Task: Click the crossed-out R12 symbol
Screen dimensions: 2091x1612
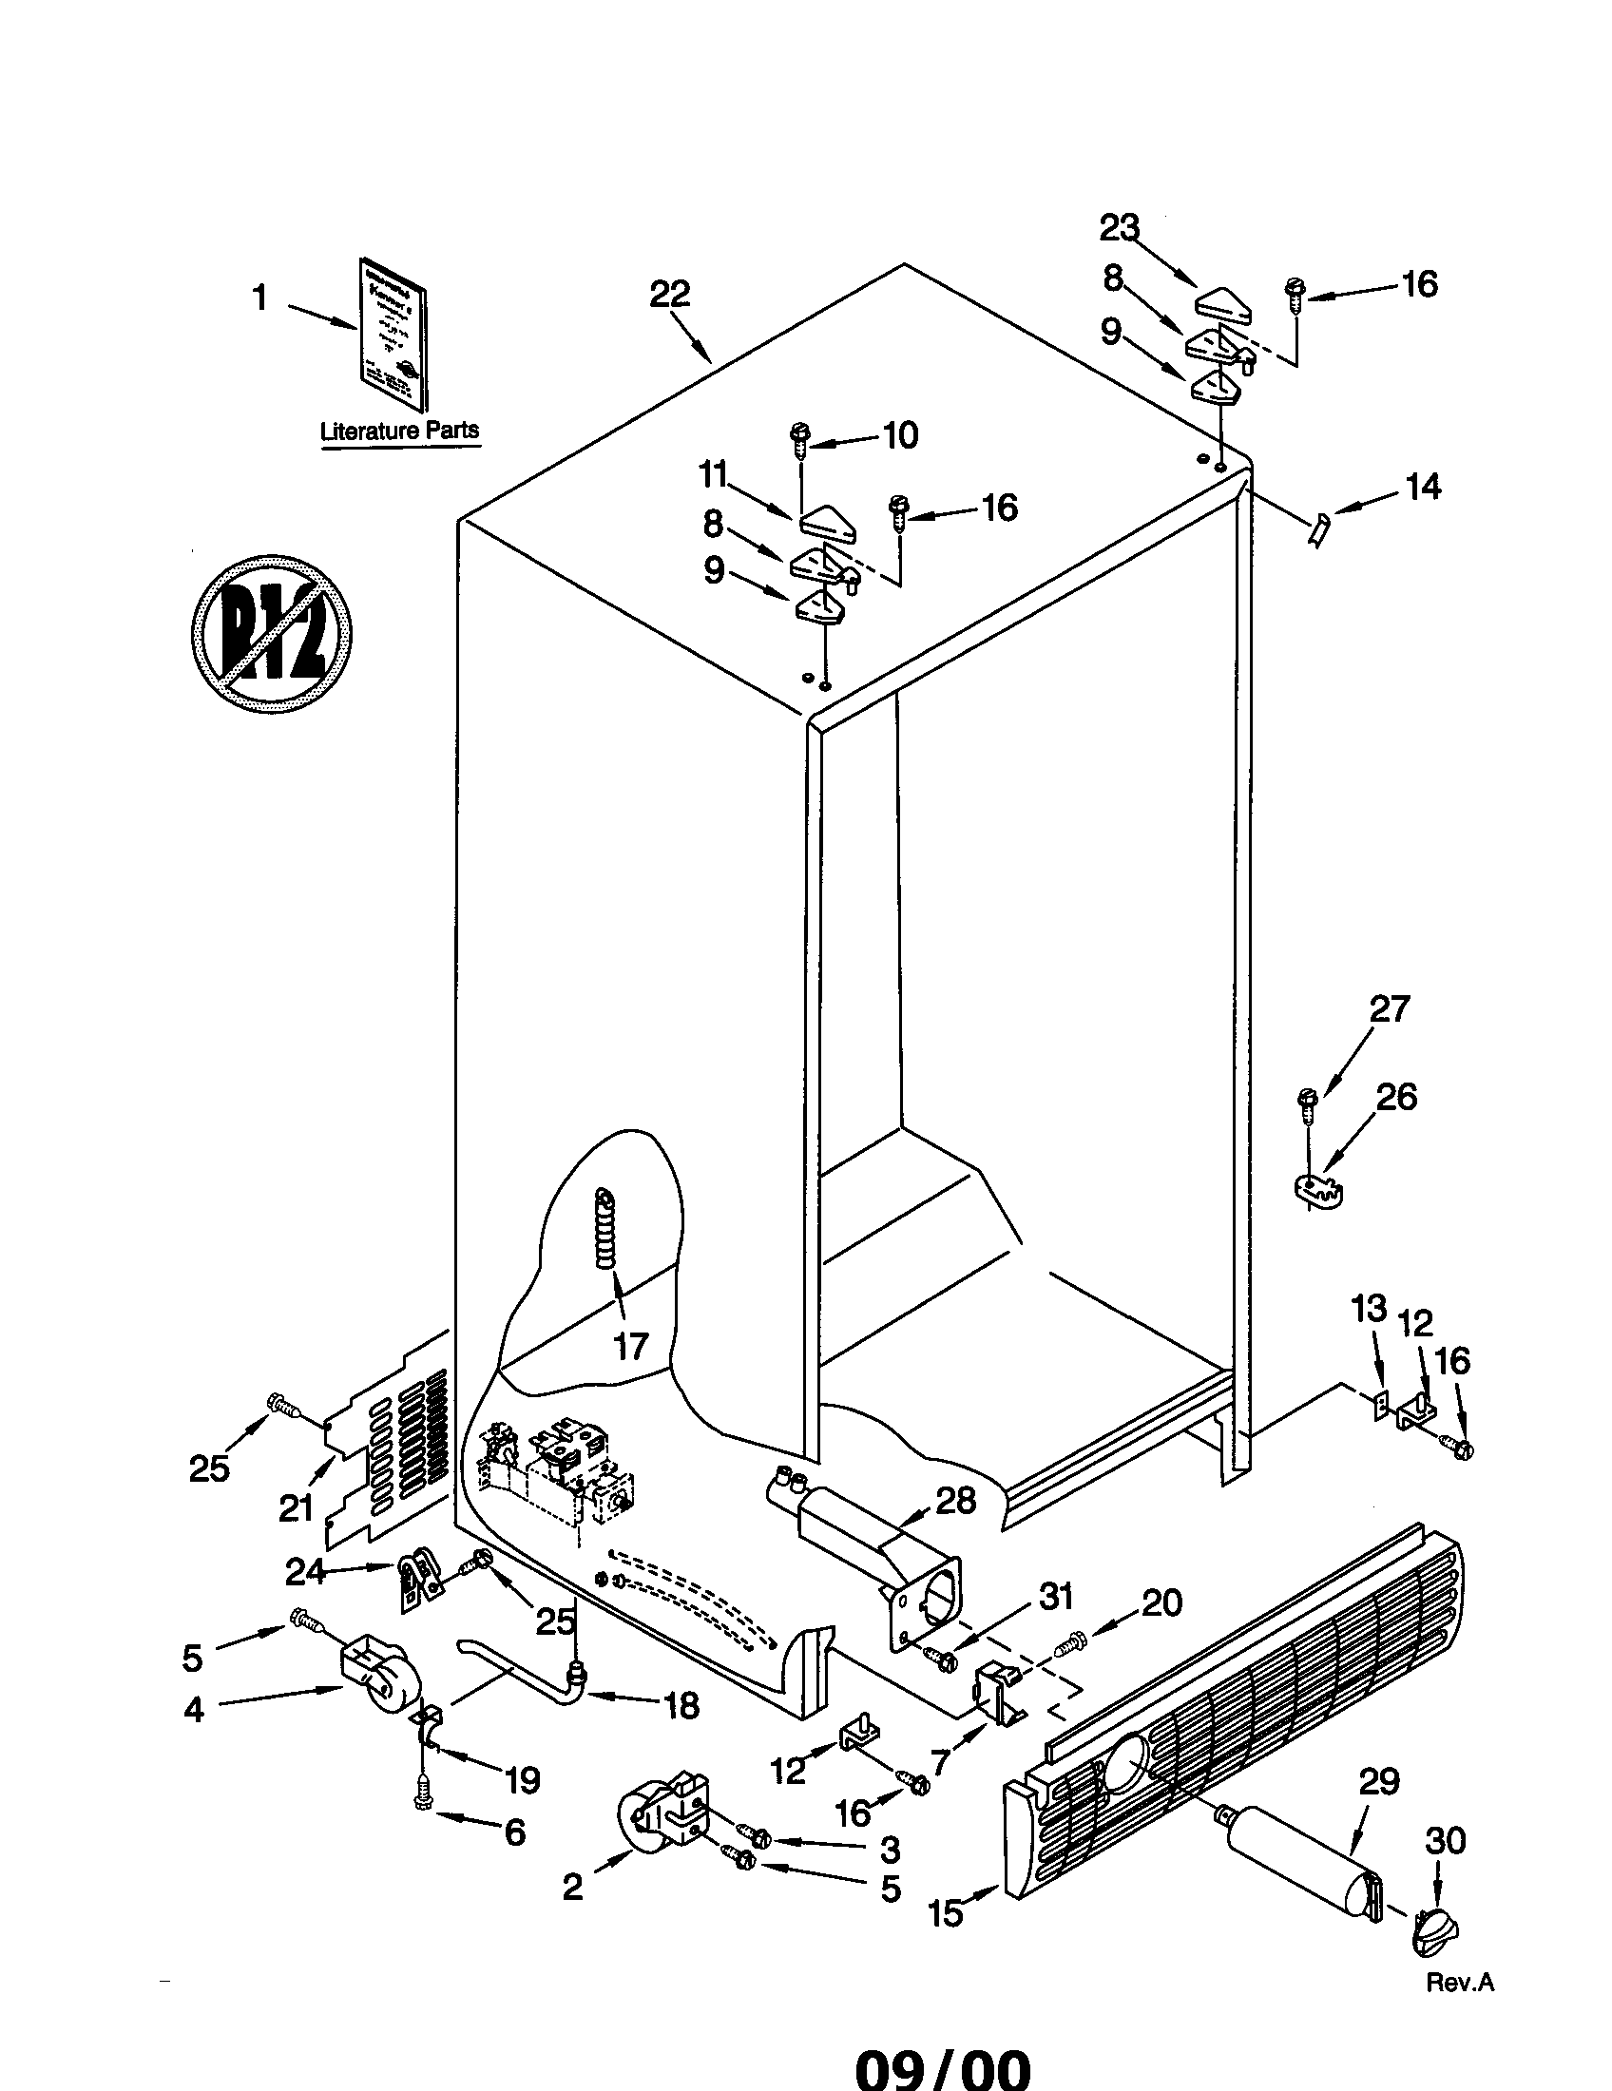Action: coord(271,633)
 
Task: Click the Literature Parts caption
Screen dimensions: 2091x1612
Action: coord(399,431)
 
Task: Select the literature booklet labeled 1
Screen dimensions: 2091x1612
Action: coord(394,334)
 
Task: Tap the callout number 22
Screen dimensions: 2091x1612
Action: coord(669,294)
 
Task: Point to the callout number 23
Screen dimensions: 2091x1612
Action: coord(1119,228)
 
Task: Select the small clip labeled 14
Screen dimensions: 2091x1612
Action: coord(1320,528)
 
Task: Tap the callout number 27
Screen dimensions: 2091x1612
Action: coord(1389,1008)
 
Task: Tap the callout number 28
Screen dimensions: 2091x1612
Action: coord(955,1500)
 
